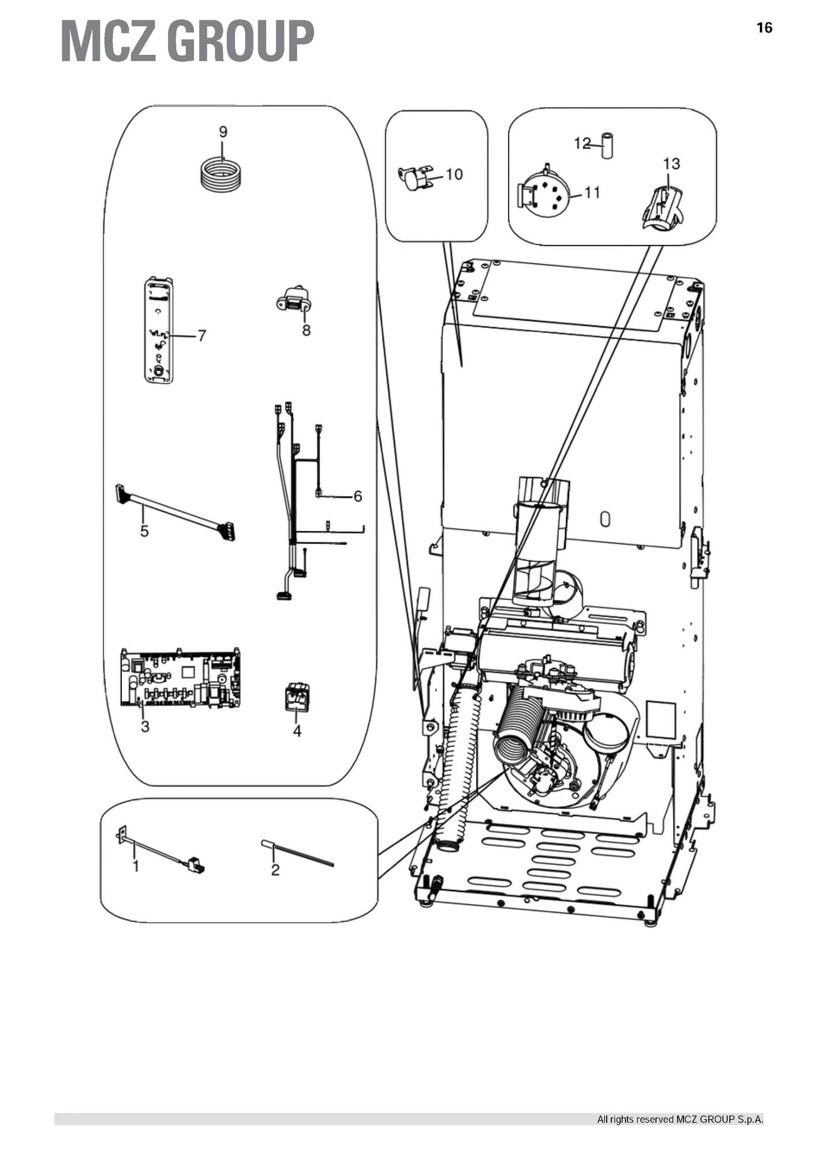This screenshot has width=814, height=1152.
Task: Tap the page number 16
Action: (x=764, y=28)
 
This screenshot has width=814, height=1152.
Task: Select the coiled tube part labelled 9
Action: (x=221, y=173)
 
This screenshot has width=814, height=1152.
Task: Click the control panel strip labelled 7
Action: (x=158, y=330)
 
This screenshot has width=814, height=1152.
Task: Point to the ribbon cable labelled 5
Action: (x=176, y=512)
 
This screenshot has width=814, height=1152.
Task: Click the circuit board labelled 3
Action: (x=180, y=677)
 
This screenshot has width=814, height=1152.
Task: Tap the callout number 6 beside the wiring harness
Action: (x=358, y=496)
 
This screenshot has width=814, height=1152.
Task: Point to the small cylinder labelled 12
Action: (x=607, y=146)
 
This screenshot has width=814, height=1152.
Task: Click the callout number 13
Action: (x=671, y=164)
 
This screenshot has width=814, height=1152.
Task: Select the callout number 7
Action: (x=201, y=336)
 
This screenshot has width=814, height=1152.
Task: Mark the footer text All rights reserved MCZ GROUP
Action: (x=680, y=1119)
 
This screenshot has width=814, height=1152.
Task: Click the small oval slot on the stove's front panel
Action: (x=605, y=519)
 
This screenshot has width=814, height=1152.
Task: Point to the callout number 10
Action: (x=454, y=174)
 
